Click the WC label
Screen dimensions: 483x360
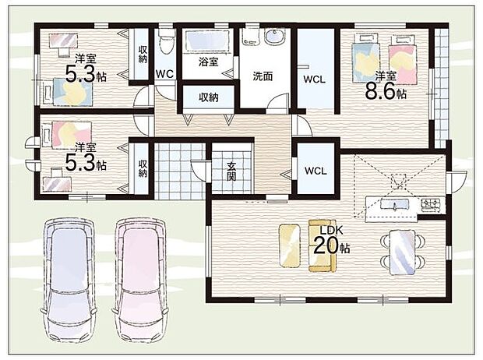click(164, 74)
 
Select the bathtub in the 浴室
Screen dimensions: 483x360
click(208, 41)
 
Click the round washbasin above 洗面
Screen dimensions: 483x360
click(274, 38)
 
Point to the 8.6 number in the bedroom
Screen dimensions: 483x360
click(380, 91)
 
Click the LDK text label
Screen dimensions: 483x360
click(331, 230)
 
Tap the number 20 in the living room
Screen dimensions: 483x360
click(326, 246)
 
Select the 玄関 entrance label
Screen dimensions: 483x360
click(231, 171)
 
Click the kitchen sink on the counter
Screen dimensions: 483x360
click(395, 204)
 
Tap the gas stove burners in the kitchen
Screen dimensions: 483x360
click(431, 205)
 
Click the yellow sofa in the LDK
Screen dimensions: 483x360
click(323, 245)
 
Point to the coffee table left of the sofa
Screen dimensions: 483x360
click(290, 245)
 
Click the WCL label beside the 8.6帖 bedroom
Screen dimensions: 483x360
click(314, 79)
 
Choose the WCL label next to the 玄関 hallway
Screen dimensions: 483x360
click(316, 171)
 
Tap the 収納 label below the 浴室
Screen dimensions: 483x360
click(209, 97)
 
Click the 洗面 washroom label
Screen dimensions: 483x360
click(263, 76)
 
